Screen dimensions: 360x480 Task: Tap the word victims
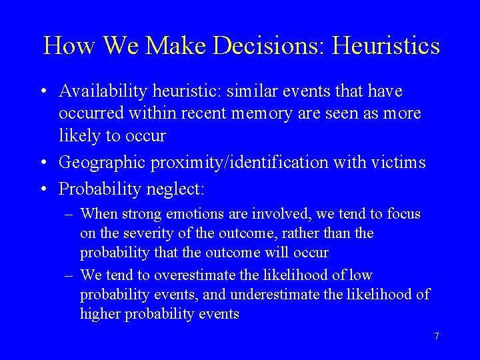pos(399,162)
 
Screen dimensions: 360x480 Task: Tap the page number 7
pos(437,336)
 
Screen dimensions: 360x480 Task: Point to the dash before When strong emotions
pos(69,214)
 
